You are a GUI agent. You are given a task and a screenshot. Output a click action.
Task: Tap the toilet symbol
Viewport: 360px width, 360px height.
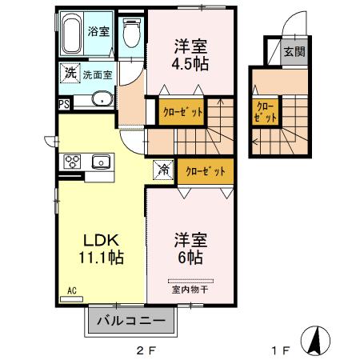132,32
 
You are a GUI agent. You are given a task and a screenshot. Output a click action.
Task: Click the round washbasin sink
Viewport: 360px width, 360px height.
102,100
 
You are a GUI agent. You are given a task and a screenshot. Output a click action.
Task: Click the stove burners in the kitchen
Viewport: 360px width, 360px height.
73,162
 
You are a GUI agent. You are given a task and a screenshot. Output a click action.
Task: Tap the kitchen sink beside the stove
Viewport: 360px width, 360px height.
102,162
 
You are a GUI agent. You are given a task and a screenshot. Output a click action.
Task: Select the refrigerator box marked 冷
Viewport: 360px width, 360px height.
162,170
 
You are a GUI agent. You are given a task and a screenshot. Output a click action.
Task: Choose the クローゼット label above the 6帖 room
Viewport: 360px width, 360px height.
206,170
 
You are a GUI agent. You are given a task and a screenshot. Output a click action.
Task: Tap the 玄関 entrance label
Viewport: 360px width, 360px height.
294,53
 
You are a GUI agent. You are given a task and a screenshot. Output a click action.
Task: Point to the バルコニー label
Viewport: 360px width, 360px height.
131,322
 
